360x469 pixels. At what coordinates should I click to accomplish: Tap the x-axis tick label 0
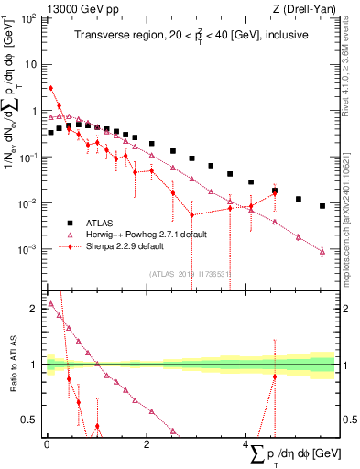coord(47,443)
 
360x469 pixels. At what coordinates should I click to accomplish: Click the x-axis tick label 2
coord(147,443)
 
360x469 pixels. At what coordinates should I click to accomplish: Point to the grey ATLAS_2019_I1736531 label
coord(190,274)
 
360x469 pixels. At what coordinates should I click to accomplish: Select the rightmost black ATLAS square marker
coord(322,206)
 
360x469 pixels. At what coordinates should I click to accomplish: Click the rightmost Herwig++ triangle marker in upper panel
coord(322,251)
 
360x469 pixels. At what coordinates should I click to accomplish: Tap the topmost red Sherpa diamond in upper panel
coord(51,88)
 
